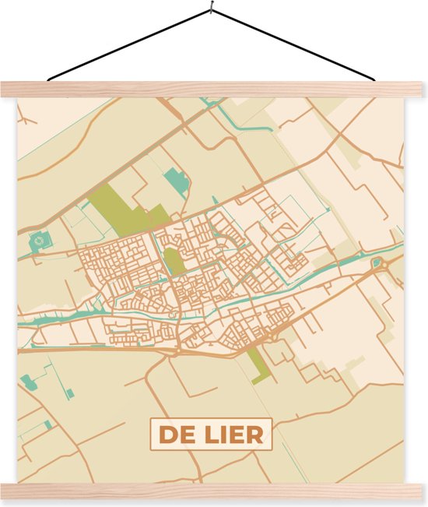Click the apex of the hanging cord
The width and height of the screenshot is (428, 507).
210,10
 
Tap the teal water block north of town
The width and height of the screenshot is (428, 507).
179,185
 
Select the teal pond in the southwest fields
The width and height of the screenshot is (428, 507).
30,382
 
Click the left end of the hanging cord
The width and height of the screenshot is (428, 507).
49,79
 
